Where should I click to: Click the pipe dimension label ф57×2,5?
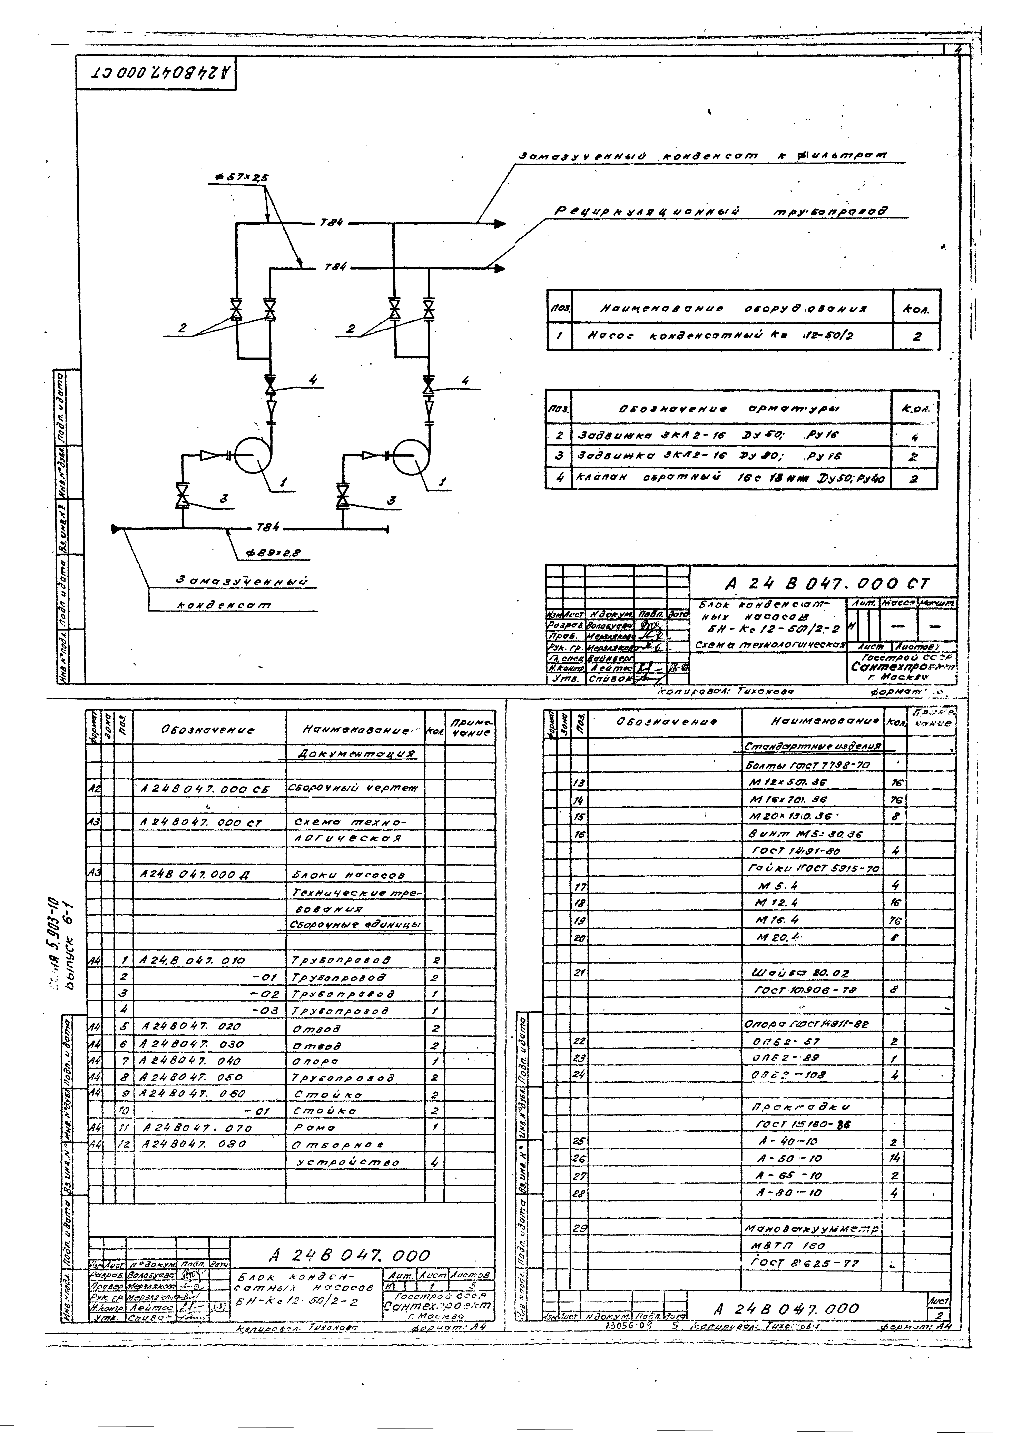coord(241,178)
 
